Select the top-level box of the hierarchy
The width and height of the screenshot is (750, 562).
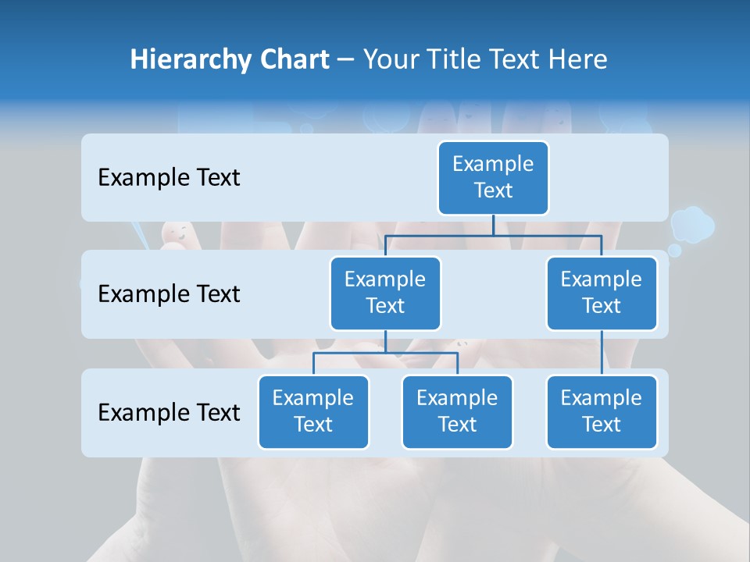[493, 177]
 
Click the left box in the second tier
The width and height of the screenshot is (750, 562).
[385, 293]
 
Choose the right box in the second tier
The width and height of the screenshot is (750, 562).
[602, 293]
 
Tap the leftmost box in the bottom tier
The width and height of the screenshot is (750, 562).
[313, 411]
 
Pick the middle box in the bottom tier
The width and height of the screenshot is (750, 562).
[457, 411]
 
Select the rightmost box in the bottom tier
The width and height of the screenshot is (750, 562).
[602, 411]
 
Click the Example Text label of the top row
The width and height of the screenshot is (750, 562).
[169, 177]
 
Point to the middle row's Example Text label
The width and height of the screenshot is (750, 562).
[169, 293]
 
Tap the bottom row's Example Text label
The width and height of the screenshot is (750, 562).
[169, 412]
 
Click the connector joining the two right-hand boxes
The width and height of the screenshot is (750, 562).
[602, 353]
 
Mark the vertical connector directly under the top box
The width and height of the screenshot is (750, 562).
[493, 225]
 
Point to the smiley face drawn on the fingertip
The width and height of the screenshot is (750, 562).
[177, 232]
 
